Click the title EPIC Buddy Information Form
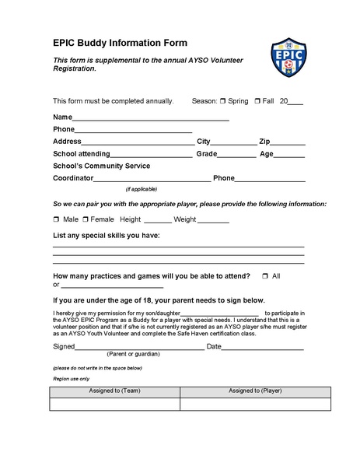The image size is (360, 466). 119,44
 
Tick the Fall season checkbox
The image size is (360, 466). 257,101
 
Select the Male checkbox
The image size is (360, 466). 56,219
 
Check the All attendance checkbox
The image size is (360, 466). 265,276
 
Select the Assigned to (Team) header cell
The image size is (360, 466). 114,391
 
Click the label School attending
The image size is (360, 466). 82,154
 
